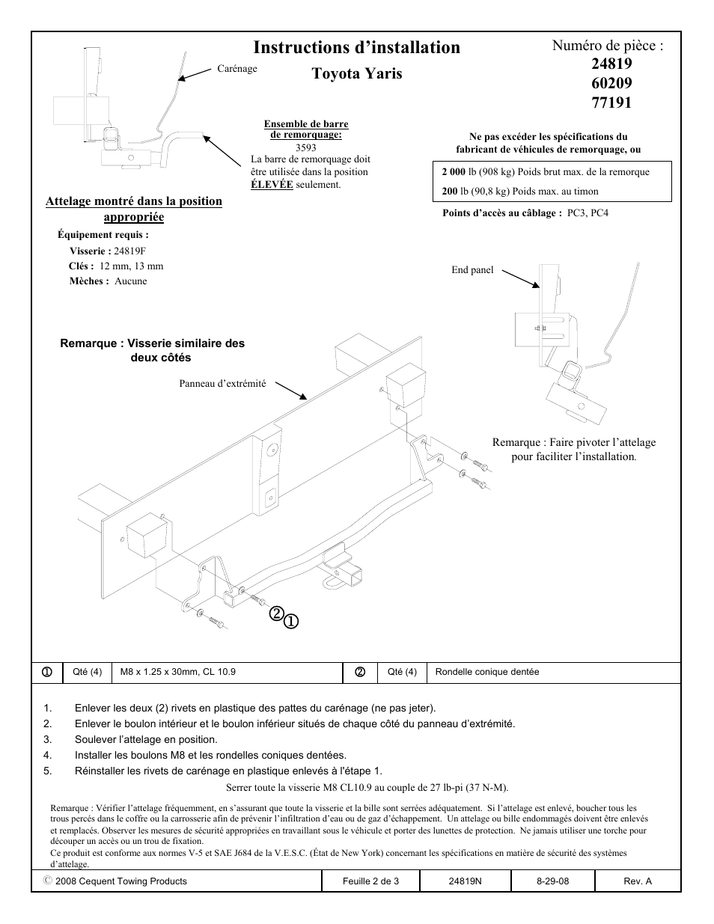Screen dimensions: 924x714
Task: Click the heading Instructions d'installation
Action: (356, 48)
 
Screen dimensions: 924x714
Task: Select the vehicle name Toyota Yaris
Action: (356, 73)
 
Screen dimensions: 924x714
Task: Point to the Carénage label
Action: (237, 69)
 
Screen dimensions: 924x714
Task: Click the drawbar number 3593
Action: (305, 147)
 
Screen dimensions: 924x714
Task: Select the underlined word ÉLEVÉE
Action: (272, 185)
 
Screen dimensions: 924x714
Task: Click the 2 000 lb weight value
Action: (454, 172)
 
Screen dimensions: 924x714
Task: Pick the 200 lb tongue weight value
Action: (449, 192)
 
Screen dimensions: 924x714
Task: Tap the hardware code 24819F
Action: (130, 251)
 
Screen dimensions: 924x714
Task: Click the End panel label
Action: (472, 270)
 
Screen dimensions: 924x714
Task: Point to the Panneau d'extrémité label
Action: (222, 384)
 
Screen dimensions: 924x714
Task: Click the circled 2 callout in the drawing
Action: (276, 614)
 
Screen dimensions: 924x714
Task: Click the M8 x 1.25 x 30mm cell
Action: (178, 672)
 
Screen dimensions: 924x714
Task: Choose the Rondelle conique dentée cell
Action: (486, 672)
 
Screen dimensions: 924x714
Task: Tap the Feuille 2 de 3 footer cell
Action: (371, 881)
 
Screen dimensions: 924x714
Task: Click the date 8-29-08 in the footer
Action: (552, 881)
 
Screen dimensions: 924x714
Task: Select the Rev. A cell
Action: (638, 881)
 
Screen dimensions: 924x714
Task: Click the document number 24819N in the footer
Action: (465, 881)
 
